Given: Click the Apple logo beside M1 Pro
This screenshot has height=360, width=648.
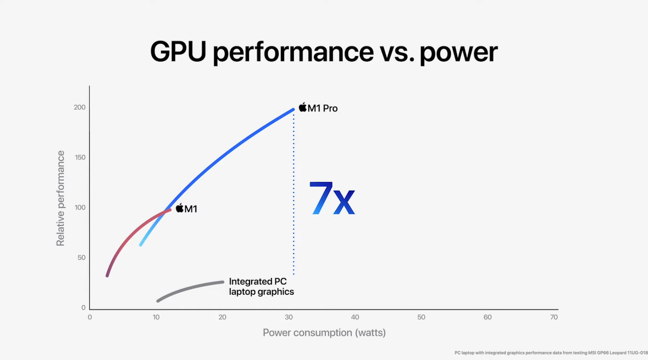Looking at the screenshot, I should (x=303, y=107).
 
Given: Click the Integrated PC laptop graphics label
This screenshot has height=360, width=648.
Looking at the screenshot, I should (x=261, y=287).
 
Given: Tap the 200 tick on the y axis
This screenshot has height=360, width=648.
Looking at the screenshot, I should (x=80, y=107).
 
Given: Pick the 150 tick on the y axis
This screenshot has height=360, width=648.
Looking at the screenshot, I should (x=80, y=158).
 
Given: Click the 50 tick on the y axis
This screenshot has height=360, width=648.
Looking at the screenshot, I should (x=81, y=257).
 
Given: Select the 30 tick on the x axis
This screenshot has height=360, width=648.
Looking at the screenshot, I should (x=289, y=317).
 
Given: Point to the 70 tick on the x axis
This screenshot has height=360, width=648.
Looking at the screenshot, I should (x=553, y=317).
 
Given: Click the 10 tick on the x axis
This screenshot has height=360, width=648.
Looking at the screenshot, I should (x=156, y=317).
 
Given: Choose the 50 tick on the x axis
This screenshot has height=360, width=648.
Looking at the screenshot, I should (x=421, y=317).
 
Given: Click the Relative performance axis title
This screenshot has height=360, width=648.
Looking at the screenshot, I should (x=60, y=199).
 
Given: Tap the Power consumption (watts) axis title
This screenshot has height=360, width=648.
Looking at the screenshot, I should (x=324, y=332).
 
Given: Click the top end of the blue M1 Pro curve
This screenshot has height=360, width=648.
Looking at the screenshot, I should (x=293, y=110).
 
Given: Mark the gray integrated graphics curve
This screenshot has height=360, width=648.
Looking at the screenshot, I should (x=189, y=288).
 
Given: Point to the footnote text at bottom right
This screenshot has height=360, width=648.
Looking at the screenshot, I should (x=551, y=352).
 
